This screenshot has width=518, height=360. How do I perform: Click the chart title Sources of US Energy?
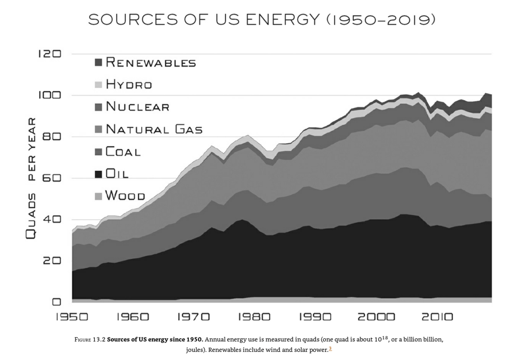pos(262,20)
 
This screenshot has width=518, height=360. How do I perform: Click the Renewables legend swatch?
pos(98,62)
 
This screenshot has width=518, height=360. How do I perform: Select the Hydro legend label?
pos(129,85)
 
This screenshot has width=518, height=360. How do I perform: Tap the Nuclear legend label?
pos(137,107)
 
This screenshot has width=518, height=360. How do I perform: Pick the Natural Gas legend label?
pos(154,129)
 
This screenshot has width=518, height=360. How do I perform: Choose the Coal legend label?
pos(123,152)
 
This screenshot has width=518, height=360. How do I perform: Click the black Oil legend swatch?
pos(98,174)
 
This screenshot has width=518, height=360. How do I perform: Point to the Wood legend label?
pos(125,196)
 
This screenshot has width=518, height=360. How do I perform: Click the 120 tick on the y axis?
pos(49,54)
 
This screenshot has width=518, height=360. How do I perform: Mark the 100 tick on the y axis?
pos(49,95)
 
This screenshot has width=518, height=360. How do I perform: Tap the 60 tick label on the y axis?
pos(52,178)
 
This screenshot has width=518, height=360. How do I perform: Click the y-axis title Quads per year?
pos(32,178)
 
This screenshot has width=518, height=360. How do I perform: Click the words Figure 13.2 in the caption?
pos(90,339)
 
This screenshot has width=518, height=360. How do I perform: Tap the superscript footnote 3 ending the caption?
pos(330,348)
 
